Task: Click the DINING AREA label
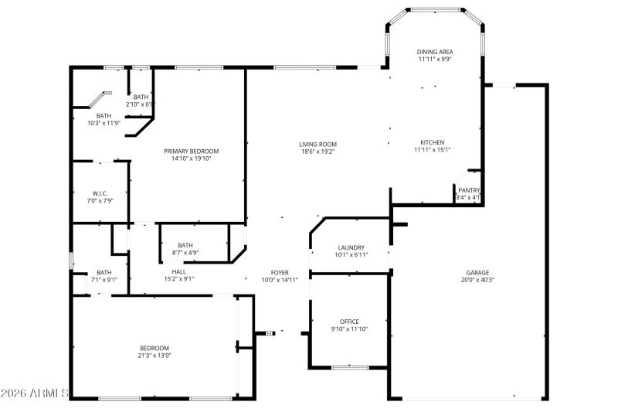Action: [435, 51]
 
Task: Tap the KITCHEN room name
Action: [432, 142]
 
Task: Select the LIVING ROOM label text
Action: [318, 144]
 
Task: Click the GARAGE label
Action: [477, 272]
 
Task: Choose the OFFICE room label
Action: [349, 322]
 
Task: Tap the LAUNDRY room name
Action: [351, 247]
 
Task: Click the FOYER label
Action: [279, 272]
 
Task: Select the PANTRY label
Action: [469, 190]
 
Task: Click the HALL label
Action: [178, 271]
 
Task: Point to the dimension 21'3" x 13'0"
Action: [154, 356]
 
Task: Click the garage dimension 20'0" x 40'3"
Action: [477, 280]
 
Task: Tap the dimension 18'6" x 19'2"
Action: [318, 152]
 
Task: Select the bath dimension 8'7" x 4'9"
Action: [185, 253]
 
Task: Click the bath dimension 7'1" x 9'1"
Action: [104, 280]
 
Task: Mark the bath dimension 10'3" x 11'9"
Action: [104, 123]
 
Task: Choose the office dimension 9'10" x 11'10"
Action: [349, 329]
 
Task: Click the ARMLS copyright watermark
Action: [36, 394]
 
